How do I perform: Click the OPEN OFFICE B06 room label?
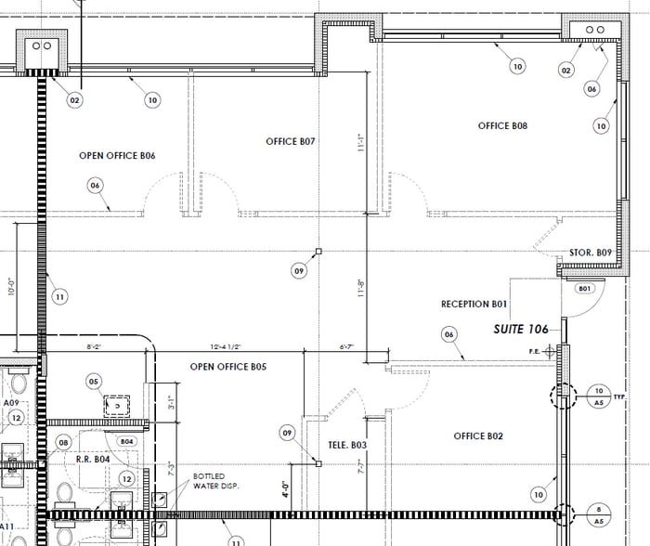pos(117,156)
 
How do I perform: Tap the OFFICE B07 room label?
pos(292,142)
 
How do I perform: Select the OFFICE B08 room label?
pos(502,125)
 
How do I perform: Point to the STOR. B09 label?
pos(590,253)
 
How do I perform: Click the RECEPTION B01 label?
pos(474,304)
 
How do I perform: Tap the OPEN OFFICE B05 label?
pos(228,367)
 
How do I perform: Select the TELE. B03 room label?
pos(348,445)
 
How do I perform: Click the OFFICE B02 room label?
pos(478,435)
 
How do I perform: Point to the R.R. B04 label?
pos(93,459)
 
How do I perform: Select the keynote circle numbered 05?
pos(94,381)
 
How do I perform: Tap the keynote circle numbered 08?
pos(64,442)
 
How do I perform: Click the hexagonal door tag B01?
pos(584,289)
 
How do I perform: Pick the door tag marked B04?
pos(127,441)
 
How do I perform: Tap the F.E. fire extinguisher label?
pos(534,351)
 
